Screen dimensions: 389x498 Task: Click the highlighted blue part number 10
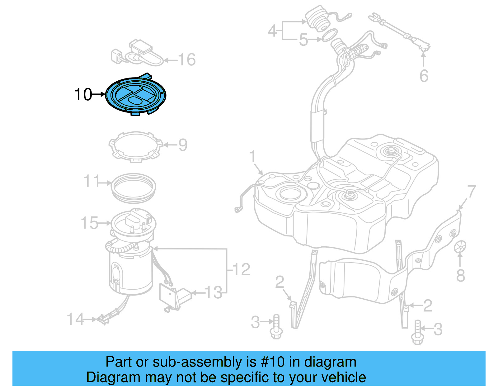(136, 95)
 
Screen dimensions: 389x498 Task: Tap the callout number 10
(83, 94)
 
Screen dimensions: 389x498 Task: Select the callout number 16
(187, 59)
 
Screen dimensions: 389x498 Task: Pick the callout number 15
(89, 223)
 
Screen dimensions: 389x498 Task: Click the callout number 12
(241, 269)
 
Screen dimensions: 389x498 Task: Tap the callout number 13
(214, 293)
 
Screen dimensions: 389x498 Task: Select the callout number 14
(75, 319)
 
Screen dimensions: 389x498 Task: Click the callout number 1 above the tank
(253, 156)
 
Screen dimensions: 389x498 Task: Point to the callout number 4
(272, 31)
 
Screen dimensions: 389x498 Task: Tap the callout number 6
(424, 76)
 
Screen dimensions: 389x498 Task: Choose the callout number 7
(472, 191)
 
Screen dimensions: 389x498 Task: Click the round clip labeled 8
(460, 247)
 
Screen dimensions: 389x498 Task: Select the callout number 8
(461, 276)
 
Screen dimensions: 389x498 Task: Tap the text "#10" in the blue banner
(272, 362)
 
